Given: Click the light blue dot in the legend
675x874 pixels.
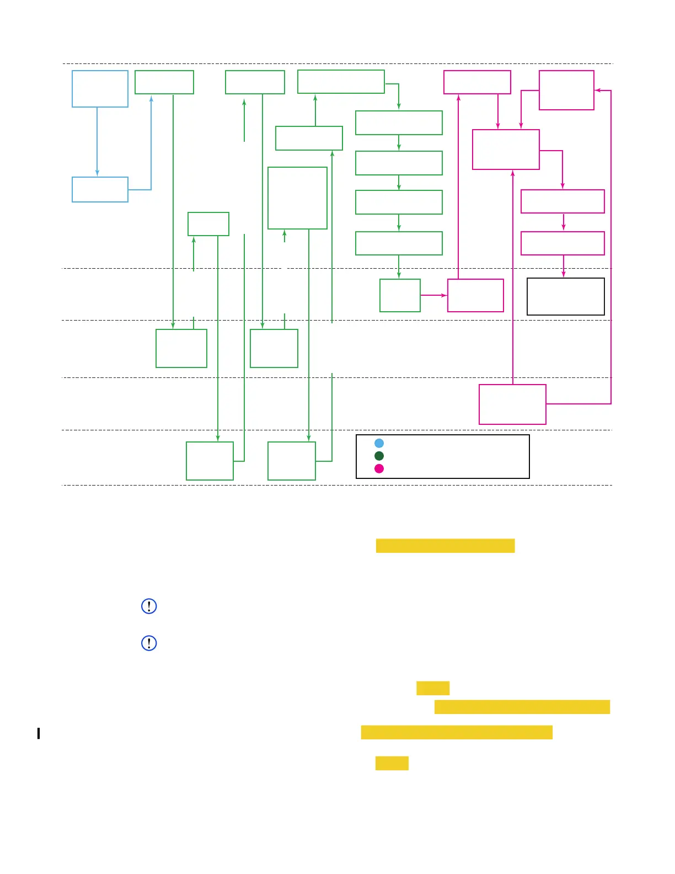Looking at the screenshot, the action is coord(379,443).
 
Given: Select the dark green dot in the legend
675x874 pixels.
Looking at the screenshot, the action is coord(379,456).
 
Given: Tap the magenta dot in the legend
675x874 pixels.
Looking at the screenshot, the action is coord(379,468).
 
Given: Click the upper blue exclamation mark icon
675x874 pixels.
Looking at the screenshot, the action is coord(149,606).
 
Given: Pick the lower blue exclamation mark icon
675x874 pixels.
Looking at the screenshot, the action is coord(149,643).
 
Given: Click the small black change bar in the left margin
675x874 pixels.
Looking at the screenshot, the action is coord(39,733).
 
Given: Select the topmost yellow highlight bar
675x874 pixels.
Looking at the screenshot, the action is coord(445,546).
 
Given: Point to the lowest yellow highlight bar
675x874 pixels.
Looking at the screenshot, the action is coord(392,763).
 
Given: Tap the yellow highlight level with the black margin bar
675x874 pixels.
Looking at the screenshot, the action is coord(457,732).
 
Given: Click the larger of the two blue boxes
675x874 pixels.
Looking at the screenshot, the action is coord(100,89).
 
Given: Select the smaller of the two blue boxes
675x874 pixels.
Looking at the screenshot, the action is coord(100,189).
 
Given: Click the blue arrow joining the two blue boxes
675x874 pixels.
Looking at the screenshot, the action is coord(97,142).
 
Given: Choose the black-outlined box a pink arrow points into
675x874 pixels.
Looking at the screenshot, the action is coord(565,296).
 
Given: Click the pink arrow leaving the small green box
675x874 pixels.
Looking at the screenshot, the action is coord(433,295).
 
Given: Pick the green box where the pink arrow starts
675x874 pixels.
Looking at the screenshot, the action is coord(400,295).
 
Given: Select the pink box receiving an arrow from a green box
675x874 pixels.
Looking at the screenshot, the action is coord(475,295).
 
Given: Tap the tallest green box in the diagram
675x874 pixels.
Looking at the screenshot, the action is coord(297,198).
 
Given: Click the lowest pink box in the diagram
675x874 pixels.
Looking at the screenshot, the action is coord(512,404).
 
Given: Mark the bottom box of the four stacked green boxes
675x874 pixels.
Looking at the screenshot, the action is coord(399,243).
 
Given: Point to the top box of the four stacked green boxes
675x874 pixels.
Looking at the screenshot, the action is coord(399,122).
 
